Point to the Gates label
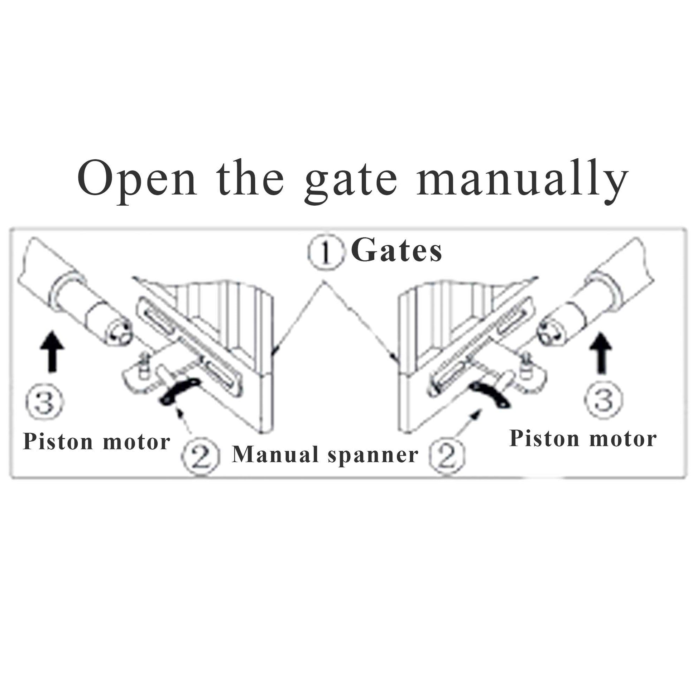396,251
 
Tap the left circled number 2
201,456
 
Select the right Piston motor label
583,439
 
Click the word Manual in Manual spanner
275,454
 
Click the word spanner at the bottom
373,455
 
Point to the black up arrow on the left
52,351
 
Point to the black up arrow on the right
601,352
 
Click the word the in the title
250,179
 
